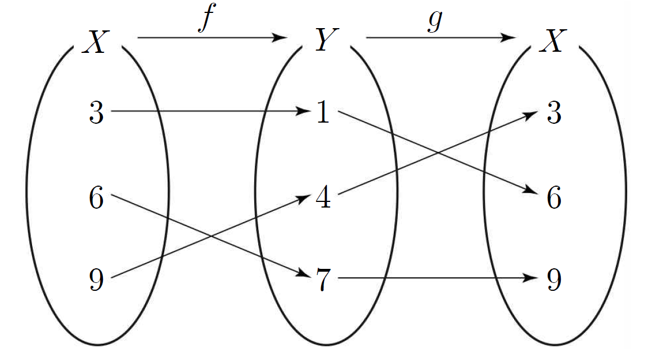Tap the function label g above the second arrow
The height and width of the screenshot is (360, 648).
[x=435, y=21]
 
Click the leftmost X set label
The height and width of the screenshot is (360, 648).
[x=96, y=42]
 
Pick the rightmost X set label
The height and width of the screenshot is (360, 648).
[x=552, y=41]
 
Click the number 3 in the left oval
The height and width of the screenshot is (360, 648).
[x=96, y=112]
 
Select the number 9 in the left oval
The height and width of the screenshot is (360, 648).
[x=96, y=280]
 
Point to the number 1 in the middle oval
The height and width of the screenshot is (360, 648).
[x=323, y=111]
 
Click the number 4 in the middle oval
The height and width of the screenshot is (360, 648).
[x=323, y=197]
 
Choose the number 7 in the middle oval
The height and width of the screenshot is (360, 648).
[x=323, y=280]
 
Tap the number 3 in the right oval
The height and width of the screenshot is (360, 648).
[x=554, y=112]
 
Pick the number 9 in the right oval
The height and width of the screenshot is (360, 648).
[x=554, y=280]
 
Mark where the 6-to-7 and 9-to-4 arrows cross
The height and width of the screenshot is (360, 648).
[x=211, y=236]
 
